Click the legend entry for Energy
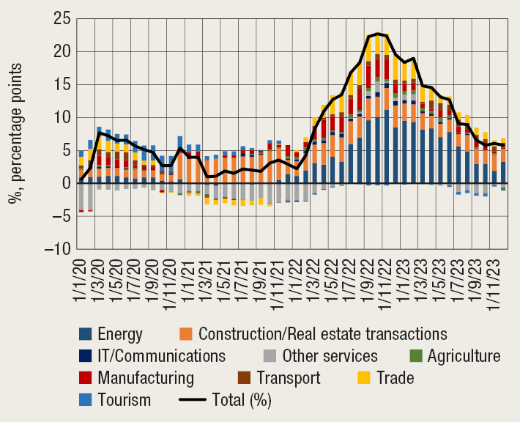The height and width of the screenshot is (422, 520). tap(111, 336)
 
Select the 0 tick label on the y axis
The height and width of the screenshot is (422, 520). tap(65, 183)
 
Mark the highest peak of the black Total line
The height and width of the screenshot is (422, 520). tap(377, 34)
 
